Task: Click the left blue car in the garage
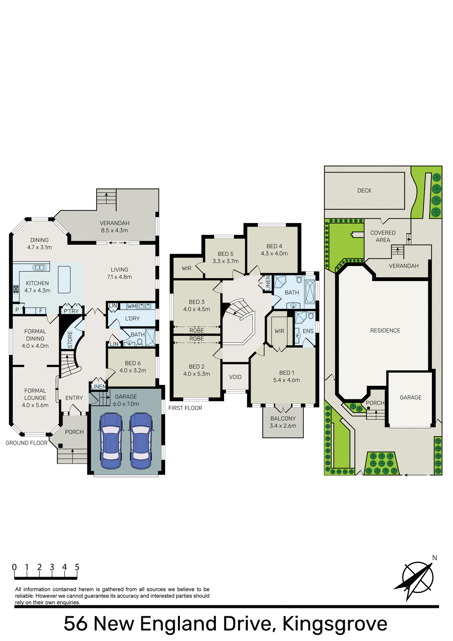pyautogui.click(x=110, y=441)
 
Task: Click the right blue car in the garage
pyautogui.click(x=141, y=441)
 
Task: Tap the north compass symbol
pyautogui.click(x=417, y=579)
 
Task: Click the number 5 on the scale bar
pyautogui.click(x=77, y=567)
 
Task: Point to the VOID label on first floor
pyautogui.click(x=235, y=377)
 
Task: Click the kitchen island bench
pyautogui.click(x=64, y=279)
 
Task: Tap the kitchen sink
pyautogui.click(x=39, y=267)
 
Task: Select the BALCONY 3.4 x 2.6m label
pyautogui.click(x=283, y=422)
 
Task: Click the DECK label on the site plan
pyautogui.click(x=364, y=191)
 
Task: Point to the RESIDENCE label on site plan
pyautogui.click(x=385, y=331)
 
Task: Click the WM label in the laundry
pyautogui.click(x=132, y=306)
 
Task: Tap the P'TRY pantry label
pyautogui.click(x=71, y=311)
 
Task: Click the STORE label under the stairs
pyautogui.click(x=70, y=339)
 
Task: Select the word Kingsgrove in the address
pyautogui.click(x=335, y=624)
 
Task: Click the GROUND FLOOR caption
pyautogui.click(x=26, y=443)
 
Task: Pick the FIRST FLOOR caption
pyautogui.click(x=185, y=408)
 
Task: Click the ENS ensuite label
pyautogui.click(x=308, y=331)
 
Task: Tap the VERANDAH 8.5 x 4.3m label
pyautogui.click(x=115, y=227)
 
